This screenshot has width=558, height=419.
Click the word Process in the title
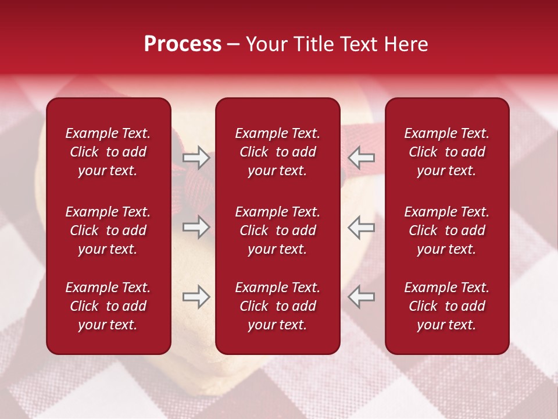pyautogui.click(x=183, y=44)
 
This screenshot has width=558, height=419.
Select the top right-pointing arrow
pyautogui.click(x=196, y=158)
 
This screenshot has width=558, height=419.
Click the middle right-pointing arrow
pyautogui.click(x=196, y=228)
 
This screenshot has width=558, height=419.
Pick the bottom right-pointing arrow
pyautogui.click(x=196, y=297)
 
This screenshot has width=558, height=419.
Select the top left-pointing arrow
pyautogui.click(x=362, y=158)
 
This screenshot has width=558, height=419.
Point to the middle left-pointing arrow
pyautogui.click(x=362, y=228)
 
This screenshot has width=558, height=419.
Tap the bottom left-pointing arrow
pyautogui.click(x=362, y=297)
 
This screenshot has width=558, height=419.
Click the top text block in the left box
pyautogui.click(x=108, y=152)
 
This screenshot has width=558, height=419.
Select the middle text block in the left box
pyautogui.click(x=108, y=230)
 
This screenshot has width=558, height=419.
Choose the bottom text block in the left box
pyautogui.click(x=108, y=306)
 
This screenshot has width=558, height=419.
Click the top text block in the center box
pyautogui.click(x=277, y=152)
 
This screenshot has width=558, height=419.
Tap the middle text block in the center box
pyautogui.click(x=277, y=230)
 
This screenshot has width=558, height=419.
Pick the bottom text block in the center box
pyautogui.click(x=277, y=306)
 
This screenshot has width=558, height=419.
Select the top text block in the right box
pyautogui.click(x=446, y=152)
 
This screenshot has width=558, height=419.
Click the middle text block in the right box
pyautogui.click(x=446, y=230)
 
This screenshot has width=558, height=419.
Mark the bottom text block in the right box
pyautogui.click(x=446, y=306)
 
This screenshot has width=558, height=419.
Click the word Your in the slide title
pyautogui.click(x=266, y=44)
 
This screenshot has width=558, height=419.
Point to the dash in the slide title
pyautogui.click(x=233, y=45)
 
